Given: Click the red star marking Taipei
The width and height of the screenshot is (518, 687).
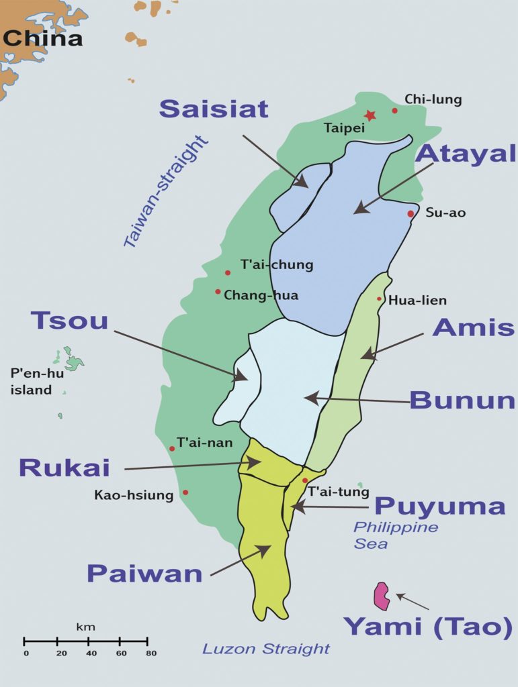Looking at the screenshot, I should [x=370, y=115].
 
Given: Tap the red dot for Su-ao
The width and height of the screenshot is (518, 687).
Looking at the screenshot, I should [x=411, y=213].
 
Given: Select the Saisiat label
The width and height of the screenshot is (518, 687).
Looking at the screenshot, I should [x=214, y=109].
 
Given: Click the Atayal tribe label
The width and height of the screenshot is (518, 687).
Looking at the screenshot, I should [x=465, y=153].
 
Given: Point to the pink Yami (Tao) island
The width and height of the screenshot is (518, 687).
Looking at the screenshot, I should [x=383, y=596].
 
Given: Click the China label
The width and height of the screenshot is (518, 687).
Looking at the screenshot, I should [x=42, y=38].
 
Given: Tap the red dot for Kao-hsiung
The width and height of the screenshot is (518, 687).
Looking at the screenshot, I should [x=185, y=492].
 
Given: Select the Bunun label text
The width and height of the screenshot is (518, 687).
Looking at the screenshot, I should [x=462, y=401].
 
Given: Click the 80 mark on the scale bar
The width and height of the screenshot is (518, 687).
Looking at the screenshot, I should [x=150, y=653].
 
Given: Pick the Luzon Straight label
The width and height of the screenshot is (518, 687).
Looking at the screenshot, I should [x=266, y=649].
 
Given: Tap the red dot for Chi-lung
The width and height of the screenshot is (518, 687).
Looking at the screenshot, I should [x=395, y=111].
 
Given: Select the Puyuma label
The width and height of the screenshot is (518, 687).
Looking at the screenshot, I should [x=439, y=506].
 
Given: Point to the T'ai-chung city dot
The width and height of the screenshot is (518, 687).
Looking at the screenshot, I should [x=228, y=272].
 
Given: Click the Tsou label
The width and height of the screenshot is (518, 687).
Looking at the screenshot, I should [x=69, y=321].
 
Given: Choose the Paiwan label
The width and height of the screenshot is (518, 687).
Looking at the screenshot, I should [x=144, y=574].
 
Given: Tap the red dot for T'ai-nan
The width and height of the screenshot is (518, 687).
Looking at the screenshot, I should [x=172, y=448].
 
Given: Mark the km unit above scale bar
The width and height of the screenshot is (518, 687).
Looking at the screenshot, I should [x=85, y=627].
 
